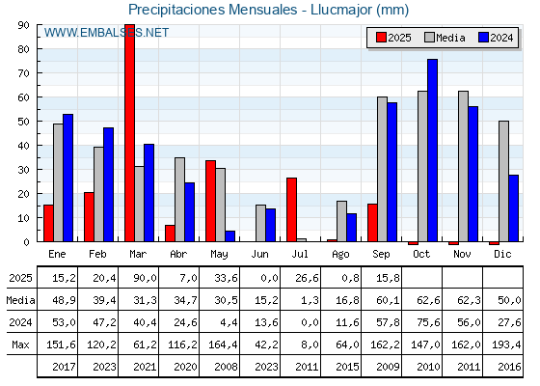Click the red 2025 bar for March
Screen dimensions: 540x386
pyautogui.click(x=130, y=133)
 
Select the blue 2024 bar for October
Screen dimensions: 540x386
pyautogui.click(x=432, y=151)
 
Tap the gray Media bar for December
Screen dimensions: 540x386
pyautogui.click(x=503, y=181)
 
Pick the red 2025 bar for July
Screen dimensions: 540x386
pyautogui.click(x=291, y=209)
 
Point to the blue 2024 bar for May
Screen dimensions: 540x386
pyautogui.click(x=230, y=236)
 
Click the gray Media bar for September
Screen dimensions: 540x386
pyautogui.click(x=382, y=169)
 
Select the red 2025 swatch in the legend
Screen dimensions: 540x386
pyautogui.click(x=381, y=38)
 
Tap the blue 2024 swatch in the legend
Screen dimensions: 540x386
pyautogui.click(x=483, y=38)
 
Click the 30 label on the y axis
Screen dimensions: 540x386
pyautogui.click(x=23, y=170)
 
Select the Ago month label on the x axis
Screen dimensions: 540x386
pyautogui.click(x=340, y=255)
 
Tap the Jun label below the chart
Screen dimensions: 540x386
pyautogui.click(x=259, y=254)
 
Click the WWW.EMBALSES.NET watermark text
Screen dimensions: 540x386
pyautogui.click(x=106, y=33)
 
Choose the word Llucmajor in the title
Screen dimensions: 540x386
pyautogui.click(x=341, y=10)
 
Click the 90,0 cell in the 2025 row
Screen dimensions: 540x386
pyautogui.click(x=145, y=278)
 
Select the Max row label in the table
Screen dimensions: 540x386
pyautogui.click(x=20, y=345)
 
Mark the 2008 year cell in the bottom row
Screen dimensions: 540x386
pyautogui.click(x=226, y=367)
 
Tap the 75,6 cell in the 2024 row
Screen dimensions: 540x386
pyautogui.click(x=428, y=322)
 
